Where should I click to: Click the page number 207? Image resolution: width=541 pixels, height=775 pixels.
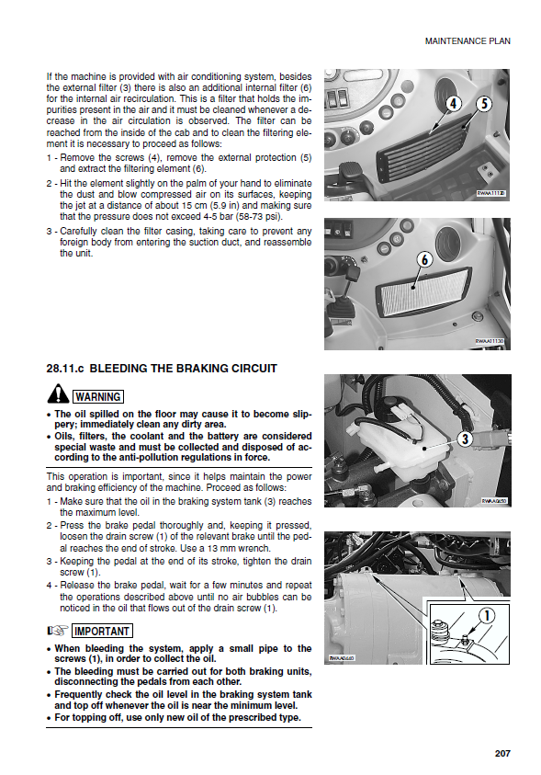(502, 753)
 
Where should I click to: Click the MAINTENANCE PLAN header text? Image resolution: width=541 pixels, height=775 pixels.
(468, 41)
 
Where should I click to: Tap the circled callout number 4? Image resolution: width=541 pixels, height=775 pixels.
(453, 104)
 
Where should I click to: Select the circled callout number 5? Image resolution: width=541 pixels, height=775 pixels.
(484, 104)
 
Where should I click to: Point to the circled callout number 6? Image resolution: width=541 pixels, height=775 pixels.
(424, 259)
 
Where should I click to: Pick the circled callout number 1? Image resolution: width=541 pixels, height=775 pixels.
(487, 616)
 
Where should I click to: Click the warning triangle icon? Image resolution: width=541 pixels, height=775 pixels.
(58, 394)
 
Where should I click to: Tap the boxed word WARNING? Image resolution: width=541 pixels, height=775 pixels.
(98, 397)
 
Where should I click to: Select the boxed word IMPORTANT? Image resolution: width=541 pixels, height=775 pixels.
(102, 632)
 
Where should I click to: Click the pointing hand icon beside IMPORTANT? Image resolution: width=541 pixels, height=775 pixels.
(57, 632)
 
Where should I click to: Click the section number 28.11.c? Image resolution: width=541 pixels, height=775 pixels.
(65, 369)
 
